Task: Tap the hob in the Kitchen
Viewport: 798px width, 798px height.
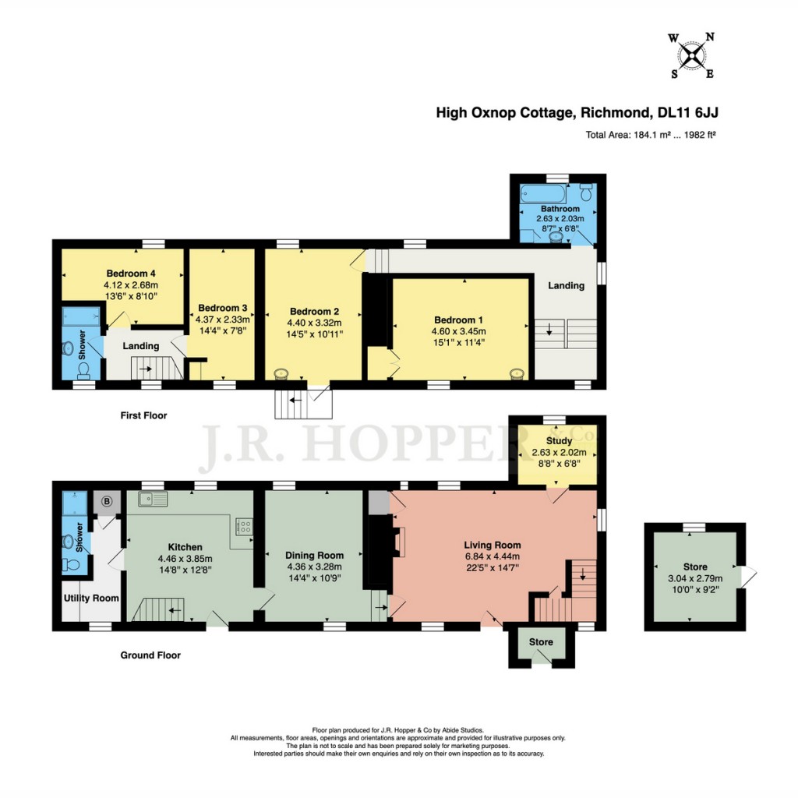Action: coord(244,527)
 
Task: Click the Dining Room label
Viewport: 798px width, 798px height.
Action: coord(315,555)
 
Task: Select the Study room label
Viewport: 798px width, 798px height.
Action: coord(558,441)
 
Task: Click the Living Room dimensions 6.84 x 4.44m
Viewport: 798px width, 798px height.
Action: coord(492,556)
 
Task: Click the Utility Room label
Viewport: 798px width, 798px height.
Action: coord(91,598)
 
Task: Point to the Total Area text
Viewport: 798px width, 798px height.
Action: coord(651,135)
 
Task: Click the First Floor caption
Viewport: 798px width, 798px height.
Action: coord(144,415)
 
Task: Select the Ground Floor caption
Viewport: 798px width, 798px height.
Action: coord(150,655)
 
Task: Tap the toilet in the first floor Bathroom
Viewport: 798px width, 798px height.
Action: coord(586,190)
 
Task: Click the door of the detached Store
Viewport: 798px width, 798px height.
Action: coord(749,577)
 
